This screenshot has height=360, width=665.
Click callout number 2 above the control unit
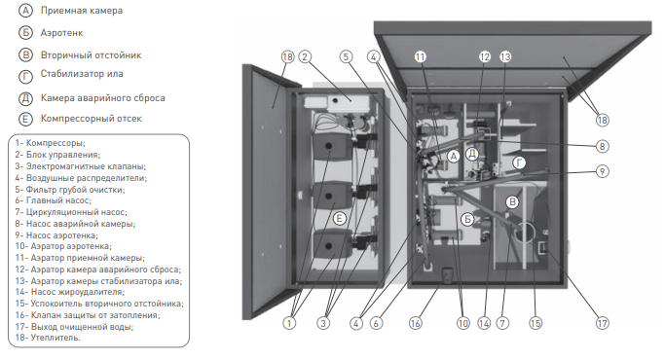coord(305,56)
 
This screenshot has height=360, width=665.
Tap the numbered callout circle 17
coord(603,323)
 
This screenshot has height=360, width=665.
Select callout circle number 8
coord(603,146)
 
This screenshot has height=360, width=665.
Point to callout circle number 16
coord(415,323)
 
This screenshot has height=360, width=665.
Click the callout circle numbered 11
coord(420,56)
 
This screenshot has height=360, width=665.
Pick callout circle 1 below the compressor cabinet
coord(289,323)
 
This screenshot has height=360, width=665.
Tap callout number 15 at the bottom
coord(536,323)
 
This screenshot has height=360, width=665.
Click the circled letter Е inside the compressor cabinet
coord(339,219)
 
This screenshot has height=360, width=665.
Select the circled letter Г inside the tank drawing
coord(519,162)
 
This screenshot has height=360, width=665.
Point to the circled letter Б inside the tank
coord(467,219)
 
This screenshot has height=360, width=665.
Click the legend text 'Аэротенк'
coord(61,33)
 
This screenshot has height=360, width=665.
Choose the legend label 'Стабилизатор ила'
coord(82,73)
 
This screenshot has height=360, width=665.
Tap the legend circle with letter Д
coord(25,98)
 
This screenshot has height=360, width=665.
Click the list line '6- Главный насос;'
coord(53,200)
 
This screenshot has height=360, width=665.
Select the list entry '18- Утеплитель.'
coord(48,338)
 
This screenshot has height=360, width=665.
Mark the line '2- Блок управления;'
coord(57,155)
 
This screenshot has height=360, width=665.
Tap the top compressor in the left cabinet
coord(332,146)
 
